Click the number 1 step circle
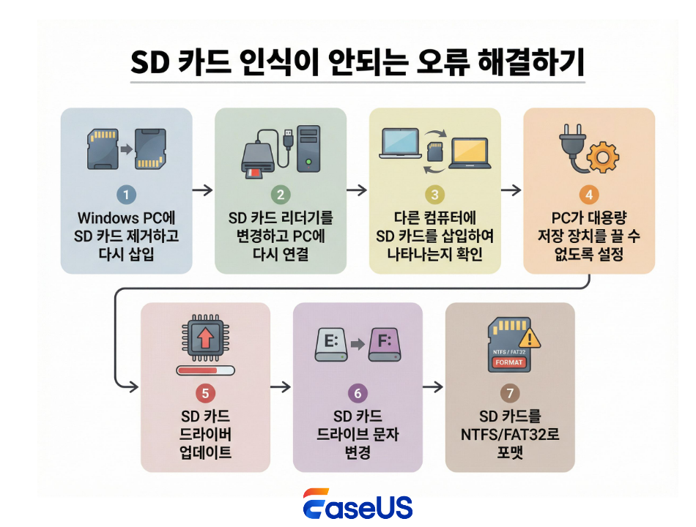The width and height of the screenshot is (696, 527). click(126, 195)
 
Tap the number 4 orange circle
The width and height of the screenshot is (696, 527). click(588, 195)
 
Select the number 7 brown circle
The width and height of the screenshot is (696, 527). click(510, 394)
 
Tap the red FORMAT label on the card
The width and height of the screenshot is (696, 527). click(510, 362)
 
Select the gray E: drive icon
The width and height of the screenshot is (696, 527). click(336, 343)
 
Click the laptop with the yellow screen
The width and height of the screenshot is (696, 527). click(470, 152)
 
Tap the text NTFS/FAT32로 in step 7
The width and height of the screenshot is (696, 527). click(510, 435)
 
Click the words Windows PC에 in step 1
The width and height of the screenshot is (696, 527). click(126, 218)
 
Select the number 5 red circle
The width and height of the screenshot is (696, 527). click(205, 394)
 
